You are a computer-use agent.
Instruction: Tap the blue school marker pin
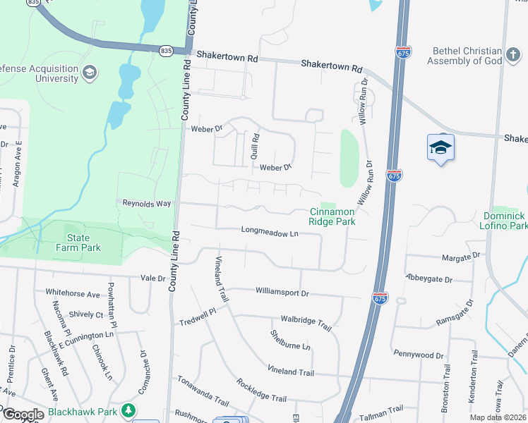click(440, 149)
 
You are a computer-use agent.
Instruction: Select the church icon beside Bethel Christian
click(513, 54)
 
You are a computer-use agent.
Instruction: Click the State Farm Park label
click(78, 243)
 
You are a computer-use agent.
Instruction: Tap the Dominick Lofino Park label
click(505, 221)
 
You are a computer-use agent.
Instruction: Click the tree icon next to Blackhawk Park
click(128, 410)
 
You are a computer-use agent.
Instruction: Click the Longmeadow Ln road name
click(270, 231)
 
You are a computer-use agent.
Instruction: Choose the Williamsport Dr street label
click(282, 292)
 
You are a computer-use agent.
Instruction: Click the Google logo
click(23, 415)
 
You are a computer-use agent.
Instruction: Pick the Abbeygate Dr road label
click(429, 279)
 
